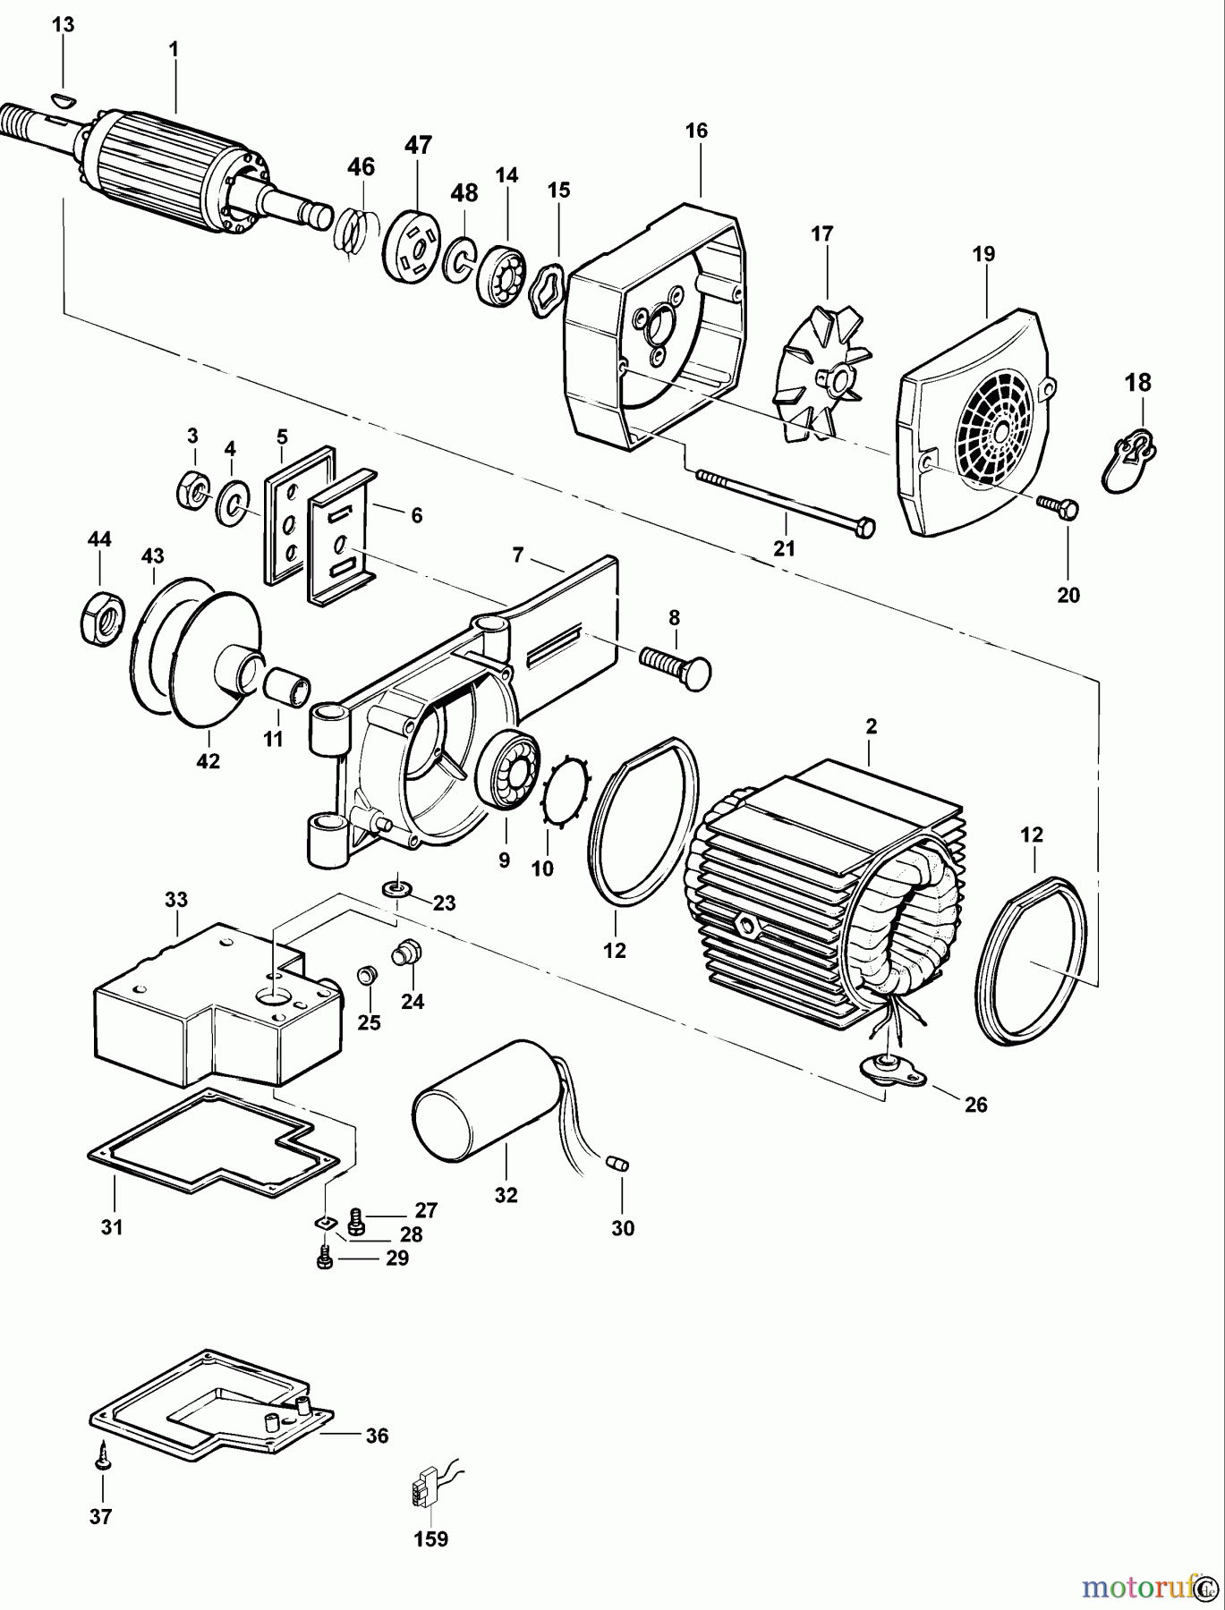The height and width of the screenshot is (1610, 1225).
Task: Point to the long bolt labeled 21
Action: coord(778,502)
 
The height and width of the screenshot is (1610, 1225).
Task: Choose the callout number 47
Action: coord(418,145)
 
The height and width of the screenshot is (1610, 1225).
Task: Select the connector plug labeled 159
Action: coord(422,1489)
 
